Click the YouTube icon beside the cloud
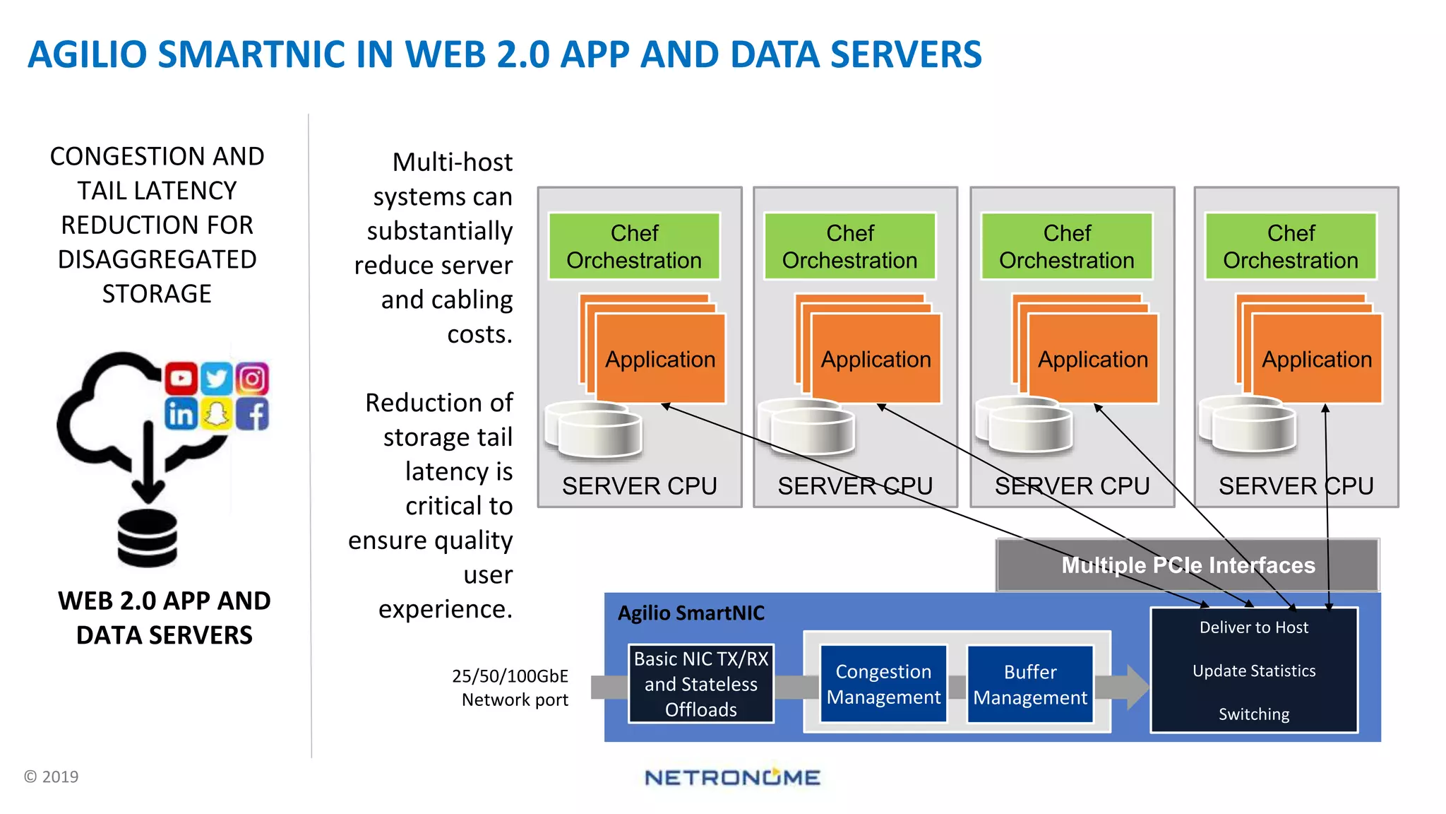point(181,379)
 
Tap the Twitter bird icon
point(217,379)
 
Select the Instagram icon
point(252,379)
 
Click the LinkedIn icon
point(181,414)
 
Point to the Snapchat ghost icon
point(217,414)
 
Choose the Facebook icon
point(252,414)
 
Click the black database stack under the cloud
point(148,538)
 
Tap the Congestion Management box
point(883,684)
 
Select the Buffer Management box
point(1030,684)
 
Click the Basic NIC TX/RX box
point(701,683)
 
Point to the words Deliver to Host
point(1253,627)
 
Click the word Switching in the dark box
point(1253,714)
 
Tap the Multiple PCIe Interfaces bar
point(1188,565)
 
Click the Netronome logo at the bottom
point(732,777)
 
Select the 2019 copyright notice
point(52,777)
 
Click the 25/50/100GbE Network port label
point(511,688)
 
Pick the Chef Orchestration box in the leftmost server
point(634,247)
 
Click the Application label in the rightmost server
point(1316,360)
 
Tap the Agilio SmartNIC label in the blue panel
point(691,613)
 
